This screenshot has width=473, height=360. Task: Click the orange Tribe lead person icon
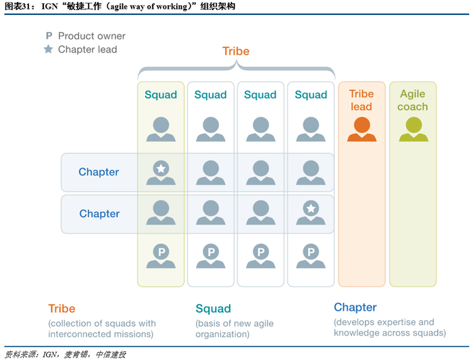point(362,129)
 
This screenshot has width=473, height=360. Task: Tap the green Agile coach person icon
point(413,129)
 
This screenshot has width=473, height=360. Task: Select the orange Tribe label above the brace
point(236,51)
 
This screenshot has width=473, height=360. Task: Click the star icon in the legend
point(48,49)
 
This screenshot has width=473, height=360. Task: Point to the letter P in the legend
point(48,36)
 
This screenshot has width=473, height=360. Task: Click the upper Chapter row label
point(99,172)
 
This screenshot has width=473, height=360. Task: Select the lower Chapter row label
point(99,213)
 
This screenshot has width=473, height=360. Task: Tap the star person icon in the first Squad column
point(161,172)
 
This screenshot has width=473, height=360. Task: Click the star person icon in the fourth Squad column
point(311,212)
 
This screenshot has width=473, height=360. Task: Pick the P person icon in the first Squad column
point(161,255)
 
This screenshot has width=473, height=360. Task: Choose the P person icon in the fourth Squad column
point(311,255)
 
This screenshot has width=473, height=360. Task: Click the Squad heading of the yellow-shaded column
point(161,95)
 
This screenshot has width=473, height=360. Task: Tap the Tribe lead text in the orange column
point(362,100)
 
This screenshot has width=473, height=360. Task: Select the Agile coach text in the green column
point(413,100)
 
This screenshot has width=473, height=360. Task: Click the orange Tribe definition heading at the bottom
point(61,309)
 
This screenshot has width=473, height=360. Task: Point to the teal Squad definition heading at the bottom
point(213,309)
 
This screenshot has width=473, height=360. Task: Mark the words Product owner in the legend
point(92,36)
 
